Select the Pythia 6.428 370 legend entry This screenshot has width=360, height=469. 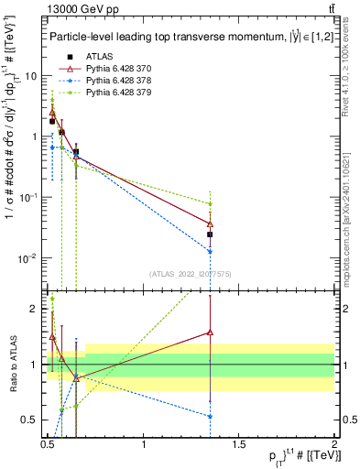113,69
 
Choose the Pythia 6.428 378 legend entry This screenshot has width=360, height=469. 113,81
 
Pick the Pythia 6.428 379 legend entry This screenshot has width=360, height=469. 113,93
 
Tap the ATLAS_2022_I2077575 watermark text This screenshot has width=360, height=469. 191,273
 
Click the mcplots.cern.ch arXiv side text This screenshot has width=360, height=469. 352,215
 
